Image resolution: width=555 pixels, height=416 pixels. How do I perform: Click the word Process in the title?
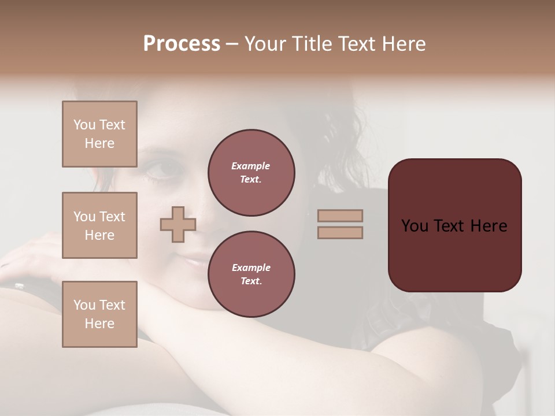[182, 44]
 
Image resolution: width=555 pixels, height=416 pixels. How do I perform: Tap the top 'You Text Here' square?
[99, 134]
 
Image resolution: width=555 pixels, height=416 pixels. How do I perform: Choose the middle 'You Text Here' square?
[99, 225]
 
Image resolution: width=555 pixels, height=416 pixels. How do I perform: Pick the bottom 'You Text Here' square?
[99, 314]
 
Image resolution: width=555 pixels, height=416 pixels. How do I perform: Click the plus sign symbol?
[177, 224]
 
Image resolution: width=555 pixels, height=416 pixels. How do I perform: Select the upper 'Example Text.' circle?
[251, 173]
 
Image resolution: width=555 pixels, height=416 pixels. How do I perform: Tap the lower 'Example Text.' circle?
[251, 274]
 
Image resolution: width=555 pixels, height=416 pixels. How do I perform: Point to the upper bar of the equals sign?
[341, 216]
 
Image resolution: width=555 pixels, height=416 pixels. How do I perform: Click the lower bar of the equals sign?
[341, 232]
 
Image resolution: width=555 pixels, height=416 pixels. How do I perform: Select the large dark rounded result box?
[454, 225]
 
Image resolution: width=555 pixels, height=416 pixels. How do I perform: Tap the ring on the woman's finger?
[19, 285]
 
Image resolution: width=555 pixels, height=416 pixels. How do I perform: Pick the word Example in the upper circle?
[251, 166]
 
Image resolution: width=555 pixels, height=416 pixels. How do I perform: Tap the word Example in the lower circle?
[251, 268]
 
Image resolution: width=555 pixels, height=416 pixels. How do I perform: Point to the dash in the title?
[232, 44]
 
